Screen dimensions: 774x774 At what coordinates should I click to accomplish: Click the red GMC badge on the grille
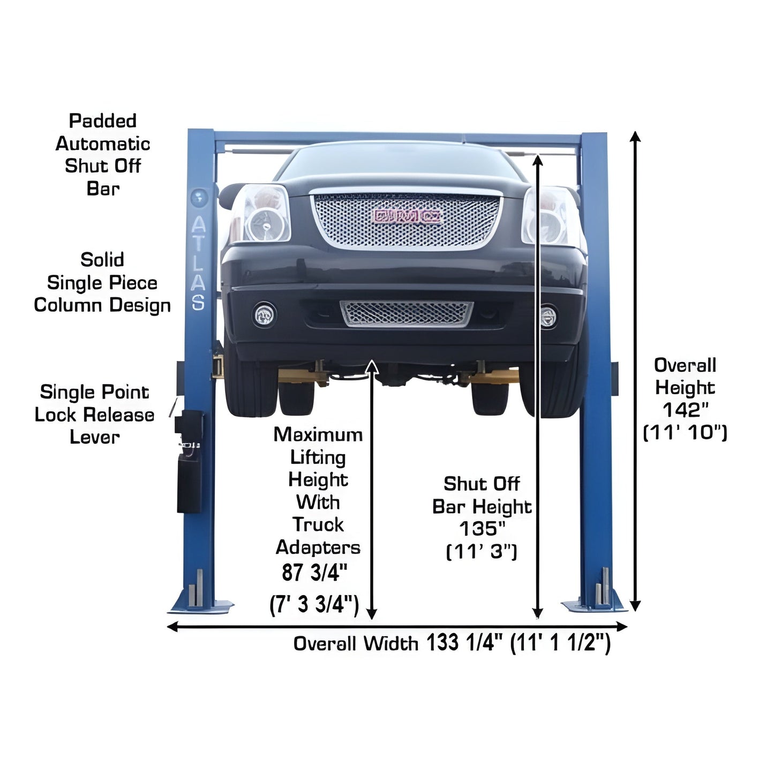(407, 216)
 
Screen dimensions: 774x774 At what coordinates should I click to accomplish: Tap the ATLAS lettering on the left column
(198, 263)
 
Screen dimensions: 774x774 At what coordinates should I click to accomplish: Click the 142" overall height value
(685, 410)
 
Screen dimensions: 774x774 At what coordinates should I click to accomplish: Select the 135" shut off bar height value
(482, 529)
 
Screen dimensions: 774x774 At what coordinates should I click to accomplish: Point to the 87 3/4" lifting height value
(315, 572)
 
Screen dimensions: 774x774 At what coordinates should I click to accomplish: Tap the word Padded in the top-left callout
(103, 121)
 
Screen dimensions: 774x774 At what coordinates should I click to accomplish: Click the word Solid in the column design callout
(102, 260)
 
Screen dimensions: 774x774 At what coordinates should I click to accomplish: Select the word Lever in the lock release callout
(95, 437)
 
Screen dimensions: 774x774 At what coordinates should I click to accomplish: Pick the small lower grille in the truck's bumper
(407, 313)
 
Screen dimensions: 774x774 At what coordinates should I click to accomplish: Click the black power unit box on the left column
(190, 482)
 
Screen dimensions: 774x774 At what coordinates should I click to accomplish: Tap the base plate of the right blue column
(595, 605)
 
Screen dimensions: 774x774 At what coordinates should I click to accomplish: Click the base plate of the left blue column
(201, 606)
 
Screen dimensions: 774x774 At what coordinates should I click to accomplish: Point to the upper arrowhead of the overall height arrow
(635, 136)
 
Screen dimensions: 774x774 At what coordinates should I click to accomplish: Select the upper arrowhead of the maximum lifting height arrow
(372, 367)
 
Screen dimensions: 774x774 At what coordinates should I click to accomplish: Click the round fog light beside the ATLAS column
(264, 314)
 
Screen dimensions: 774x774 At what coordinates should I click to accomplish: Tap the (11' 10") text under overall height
(685, 433)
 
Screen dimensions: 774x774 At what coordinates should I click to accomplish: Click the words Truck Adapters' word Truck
(318, 525)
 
